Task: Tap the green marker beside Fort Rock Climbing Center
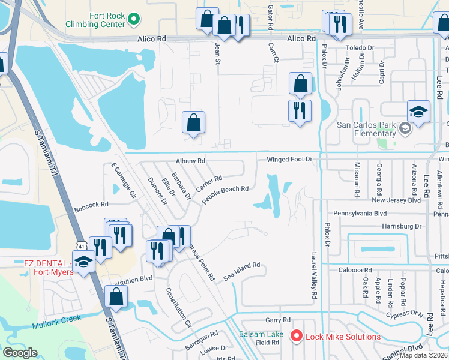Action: point(135,20)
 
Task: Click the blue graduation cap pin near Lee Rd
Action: point(418,112)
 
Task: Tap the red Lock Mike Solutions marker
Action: point(295,336)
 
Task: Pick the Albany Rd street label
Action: point(190,161)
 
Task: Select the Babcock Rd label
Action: point(90,206)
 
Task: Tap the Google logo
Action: point(20,353)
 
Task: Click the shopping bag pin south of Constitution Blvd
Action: point(116,296)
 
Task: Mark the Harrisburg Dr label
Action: point(385,226)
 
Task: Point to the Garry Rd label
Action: point(278,320)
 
